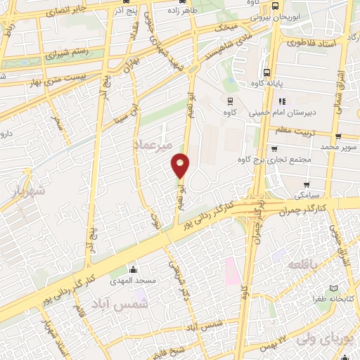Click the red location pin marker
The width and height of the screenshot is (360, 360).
tap(181, 165)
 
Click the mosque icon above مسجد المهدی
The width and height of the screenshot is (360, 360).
tap(133, 269)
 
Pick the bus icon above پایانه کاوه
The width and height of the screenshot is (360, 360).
tap(266, 72)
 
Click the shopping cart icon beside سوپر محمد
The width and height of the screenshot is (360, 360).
tap(339, 136)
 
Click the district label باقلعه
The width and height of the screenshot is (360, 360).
tap(302, 265)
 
